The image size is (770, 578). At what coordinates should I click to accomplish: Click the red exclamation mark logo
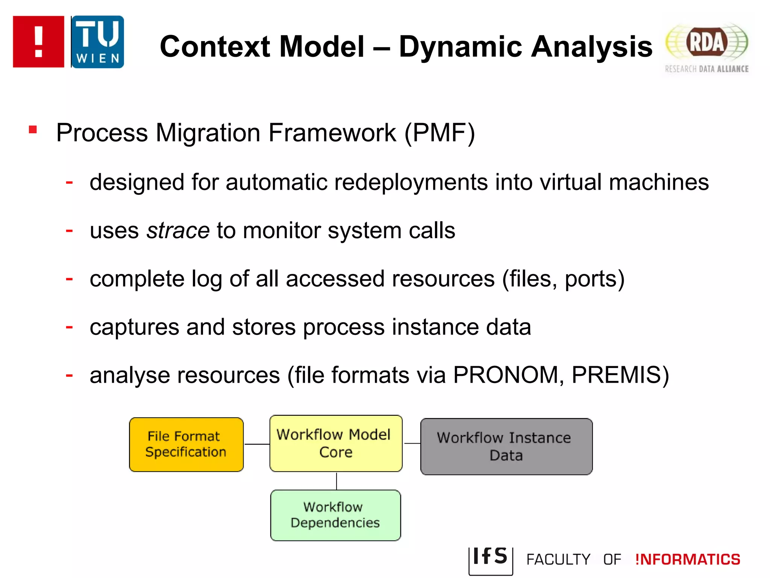[x=38, y=42]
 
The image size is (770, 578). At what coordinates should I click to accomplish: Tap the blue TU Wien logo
[x=98, y=42]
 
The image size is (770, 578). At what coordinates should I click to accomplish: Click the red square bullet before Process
[x=33, y=130]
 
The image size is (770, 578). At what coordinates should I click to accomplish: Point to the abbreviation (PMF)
[x=440, y=133]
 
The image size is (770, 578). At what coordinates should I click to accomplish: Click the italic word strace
[x=178, y=230]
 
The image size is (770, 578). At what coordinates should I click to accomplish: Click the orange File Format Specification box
[x=186, y=444]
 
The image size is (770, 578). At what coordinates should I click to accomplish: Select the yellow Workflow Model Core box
[x=336, y=443]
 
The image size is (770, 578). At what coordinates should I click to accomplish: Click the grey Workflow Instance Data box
[x=506, y=447]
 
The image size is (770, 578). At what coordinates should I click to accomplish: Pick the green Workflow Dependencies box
[x=335, y=515]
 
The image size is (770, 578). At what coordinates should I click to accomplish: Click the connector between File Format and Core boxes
[x=257, y=444]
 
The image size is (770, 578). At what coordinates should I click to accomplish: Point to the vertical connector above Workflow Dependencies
[x=336, y=481]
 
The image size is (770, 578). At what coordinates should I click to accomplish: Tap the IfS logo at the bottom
[x=490, y=558]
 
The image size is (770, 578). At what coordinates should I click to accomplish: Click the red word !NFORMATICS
[x=688, y=560]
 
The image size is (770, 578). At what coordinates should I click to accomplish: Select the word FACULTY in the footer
[x=558, y=560]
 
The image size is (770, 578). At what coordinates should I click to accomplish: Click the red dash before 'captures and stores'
[x=69, y=327]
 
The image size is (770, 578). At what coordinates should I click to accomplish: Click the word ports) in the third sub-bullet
[x=594, y=279]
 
